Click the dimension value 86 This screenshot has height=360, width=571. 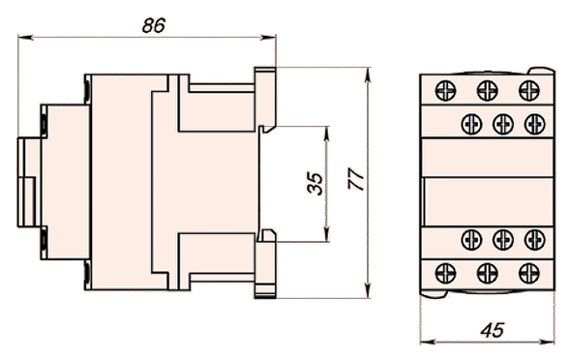click(154, 25)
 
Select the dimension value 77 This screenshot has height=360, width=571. click(356, 178)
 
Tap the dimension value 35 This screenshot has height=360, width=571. click(316, 184)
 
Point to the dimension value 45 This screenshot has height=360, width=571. click(493, 330)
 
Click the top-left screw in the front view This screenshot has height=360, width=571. click(445, 90)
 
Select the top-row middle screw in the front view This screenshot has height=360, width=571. click(487, 90)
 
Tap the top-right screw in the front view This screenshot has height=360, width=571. click(529, 90)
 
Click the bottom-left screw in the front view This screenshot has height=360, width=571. click(445, 273)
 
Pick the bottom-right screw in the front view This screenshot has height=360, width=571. click(529, 273)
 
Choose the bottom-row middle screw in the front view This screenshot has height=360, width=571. click(487, 273)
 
